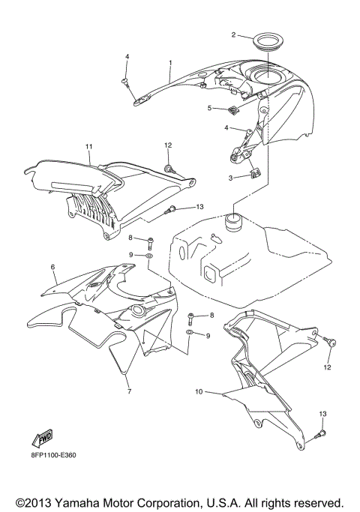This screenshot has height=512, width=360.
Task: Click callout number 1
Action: [170, 63]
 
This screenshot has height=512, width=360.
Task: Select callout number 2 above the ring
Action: [233, 34]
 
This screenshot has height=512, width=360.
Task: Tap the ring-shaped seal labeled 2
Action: [263, 42]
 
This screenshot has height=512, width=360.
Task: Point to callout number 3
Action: [231, 178]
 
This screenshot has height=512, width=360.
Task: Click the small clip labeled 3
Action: [254, 175]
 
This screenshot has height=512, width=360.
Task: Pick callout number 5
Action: [211, 108]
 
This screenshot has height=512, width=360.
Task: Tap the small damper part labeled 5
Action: [234, 112]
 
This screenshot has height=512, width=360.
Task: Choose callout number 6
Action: [53, 266]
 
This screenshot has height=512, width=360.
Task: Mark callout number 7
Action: [128, 391]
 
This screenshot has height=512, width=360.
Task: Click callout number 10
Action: [199, 391]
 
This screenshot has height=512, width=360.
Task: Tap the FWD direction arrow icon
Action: [42, 439]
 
